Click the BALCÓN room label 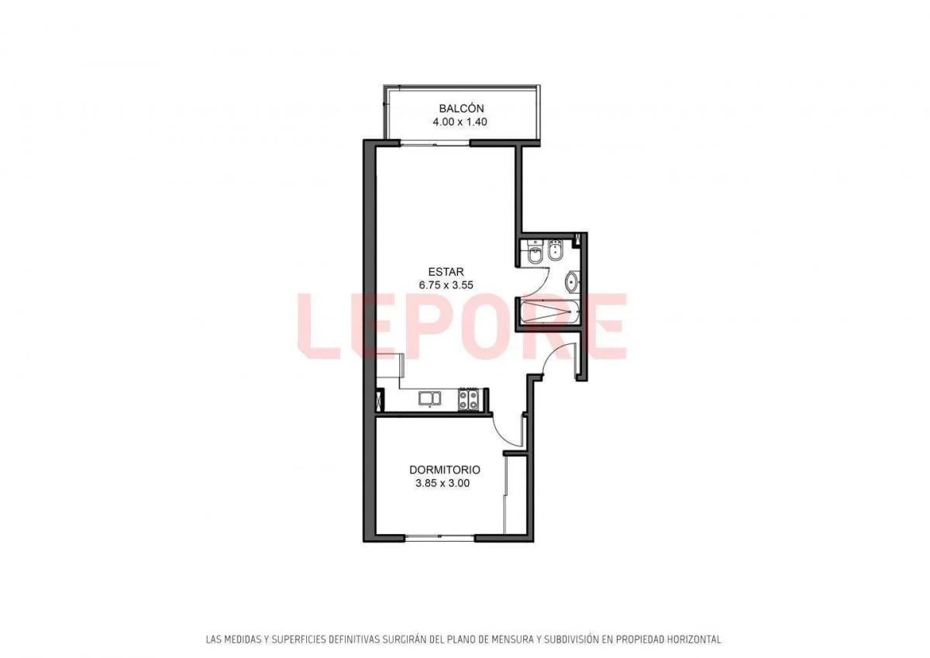click(x=461, y=109)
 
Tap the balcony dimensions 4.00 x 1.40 click(x=460, y=122)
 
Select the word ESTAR click(x=446, y=272)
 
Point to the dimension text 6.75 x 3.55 click(x=446, y=285)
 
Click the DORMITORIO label click(x=445, y=470)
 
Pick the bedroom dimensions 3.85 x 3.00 click(x=443, y=483)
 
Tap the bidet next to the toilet click(x=555, y=251)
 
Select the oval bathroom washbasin click(x=572, y=281)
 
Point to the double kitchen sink click(x=430, y=398)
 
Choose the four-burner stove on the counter click(x=469, y=399)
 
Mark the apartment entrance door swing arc click(x=552, y=351)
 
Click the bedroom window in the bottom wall click(x=440, y=539)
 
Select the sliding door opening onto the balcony click(x=435, y=143)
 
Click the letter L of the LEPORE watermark click(x=319, y=326)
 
